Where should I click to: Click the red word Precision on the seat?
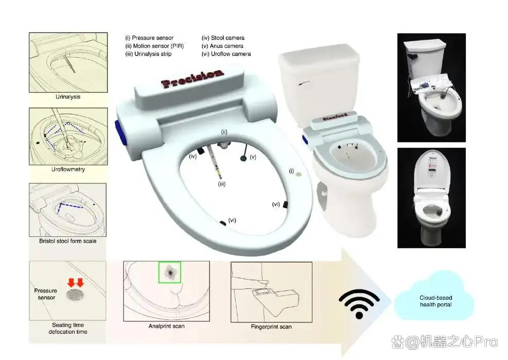192,78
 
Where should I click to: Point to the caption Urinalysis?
68,97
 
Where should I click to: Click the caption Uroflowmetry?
68,169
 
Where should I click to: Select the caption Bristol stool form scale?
68,241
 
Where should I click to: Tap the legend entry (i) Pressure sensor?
149,38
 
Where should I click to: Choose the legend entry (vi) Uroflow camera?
226,54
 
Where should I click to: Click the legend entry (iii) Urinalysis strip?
148,54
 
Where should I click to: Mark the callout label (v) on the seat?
253,157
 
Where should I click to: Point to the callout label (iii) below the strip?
222,184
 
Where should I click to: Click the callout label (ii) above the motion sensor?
224,132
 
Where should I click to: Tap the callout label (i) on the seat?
291,171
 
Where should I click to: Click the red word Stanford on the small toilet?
335,117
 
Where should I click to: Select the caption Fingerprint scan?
271,327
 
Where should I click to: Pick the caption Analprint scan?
167,326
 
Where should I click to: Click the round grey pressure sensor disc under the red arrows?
75,295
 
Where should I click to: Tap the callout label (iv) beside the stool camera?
193,157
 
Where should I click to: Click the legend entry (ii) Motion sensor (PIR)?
154,46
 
